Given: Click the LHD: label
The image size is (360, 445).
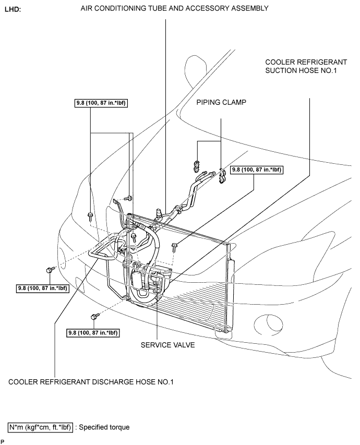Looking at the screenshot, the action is (x=13, y=9).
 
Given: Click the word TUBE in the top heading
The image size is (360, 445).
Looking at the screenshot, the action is (x=157, y=8).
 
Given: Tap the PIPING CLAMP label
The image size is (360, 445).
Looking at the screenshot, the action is (x=221, y=102).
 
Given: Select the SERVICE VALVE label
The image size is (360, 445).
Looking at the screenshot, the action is (x=168, y=345).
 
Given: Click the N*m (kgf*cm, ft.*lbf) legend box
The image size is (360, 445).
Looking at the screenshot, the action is (x=41, y=427).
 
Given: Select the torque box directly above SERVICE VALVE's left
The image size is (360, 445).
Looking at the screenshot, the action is (x=93, y=332).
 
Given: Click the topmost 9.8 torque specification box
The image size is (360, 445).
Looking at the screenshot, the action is (x=101, y=103).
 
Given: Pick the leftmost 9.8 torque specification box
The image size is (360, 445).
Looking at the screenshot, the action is (x=43, y=288).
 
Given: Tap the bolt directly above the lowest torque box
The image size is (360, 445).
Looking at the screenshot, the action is (x=94, y=316).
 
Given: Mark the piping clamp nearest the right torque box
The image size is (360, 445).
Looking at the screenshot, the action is (x=222, y=176).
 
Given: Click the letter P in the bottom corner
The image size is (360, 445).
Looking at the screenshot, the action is (x=2, y=441).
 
